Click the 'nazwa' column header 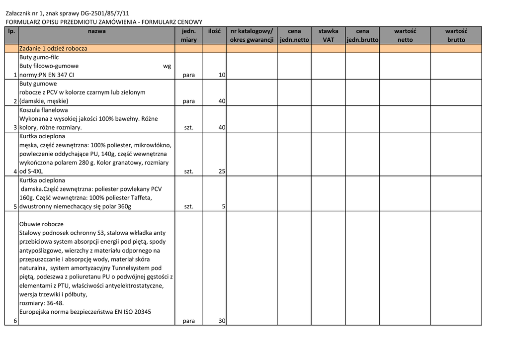[x=96, y=31]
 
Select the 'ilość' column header [x=214, y=31]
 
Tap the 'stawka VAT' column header [x=328, y=35]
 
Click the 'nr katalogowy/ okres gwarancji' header [x=252, y=35]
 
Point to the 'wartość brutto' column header [x=456, y=35]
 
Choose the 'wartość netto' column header [x=405, y=35]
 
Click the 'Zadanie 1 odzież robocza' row [x=53, y=49]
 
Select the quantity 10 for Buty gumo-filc [x=222, y=75]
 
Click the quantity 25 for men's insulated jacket [x=222, y=172]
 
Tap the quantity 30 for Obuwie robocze [x=222, y=321]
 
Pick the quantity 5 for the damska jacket [x=224, y=206]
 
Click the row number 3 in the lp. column [x=15, y=128]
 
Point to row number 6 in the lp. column [x=15, y=321]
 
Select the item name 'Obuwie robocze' [x=41, y=224]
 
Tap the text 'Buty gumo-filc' [x=39, y=58]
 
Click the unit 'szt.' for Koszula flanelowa [x=188, y=128]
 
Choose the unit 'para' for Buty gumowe [x=188, y=101]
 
